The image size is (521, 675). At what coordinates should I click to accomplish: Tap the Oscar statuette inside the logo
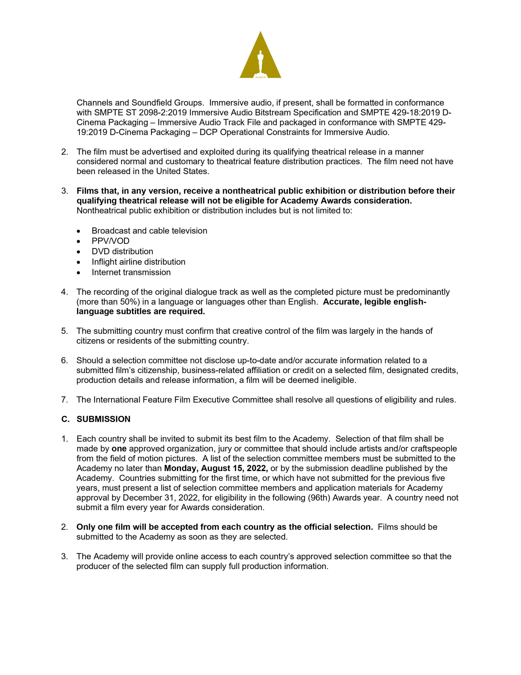click(260, 62)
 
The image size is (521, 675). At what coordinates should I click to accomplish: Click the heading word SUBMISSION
click(104, 419)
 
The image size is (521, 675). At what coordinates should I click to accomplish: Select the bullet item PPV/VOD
click(111, 241)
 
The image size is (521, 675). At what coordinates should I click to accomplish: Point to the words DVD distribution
click(122, 251)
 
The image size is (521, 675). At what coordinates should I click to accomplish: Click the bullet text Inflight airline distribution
click(138, 262)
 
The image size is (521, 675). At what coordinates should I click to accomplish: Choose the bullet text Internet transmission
click(131, 272)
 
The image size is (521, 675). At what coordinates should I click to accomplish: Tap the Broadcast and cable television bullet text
click(149, 230)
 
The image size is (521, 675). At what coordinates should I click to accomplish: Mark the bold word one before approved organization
click(119, 449)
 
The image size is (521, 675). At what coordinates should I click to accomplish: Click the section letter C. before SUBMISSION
click(65, 419)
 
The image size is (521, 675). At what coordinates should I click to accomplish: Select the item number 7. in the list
click(64, 400)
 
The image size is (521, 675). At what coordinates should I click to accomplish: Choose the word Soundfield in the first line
click(152, 103)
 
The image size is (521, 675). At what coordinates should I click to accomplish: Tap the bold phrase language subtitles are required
click(140, 312)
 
